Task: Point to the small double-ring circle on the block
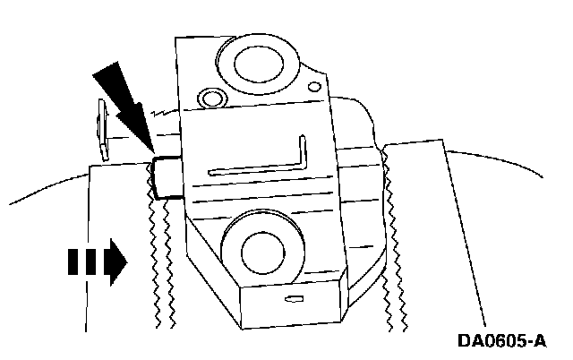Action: pyautogui.click(x=211, y=97)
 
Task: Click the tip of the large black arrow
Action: pyautogui.click(x=152, y=152)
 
